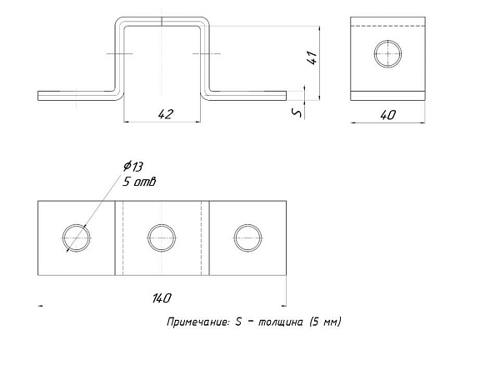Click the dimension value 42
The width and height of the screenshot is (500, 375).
[166, 114]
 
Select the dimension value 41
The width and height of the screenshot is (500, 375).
[312, 57]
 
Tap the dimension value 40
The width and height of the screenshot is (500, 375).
[388, 115]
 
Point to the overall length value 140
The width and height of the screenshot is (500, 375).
[162, 298]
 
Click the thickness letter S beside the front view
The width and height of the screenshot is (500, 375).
[297, 112]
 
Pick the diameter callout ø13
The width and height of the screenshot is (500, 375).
[133, 166]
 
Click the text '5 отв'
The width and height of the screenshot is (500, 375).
[139, 182]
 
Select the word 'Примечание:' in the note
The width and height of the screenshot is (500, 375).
[198, 322]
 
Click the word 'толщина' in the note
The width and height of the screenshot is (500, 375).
[280, 322]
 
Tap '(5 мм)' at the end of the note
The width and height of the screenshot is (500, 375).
[325, 322]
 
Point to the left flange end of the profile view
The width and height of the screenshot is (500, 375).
[38, 96]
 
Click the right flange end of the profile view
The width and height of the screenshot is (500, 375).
[286, 96]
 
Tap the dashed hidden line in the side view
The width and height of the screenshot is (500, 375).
[387, 26]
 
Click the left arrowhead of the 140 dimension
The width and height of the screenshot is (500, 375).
[40, 306]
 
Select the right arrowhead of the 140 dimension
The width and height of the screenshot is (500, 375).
[284, 306]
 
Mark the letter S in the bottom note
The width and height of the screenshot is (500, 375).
[238, 322]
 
